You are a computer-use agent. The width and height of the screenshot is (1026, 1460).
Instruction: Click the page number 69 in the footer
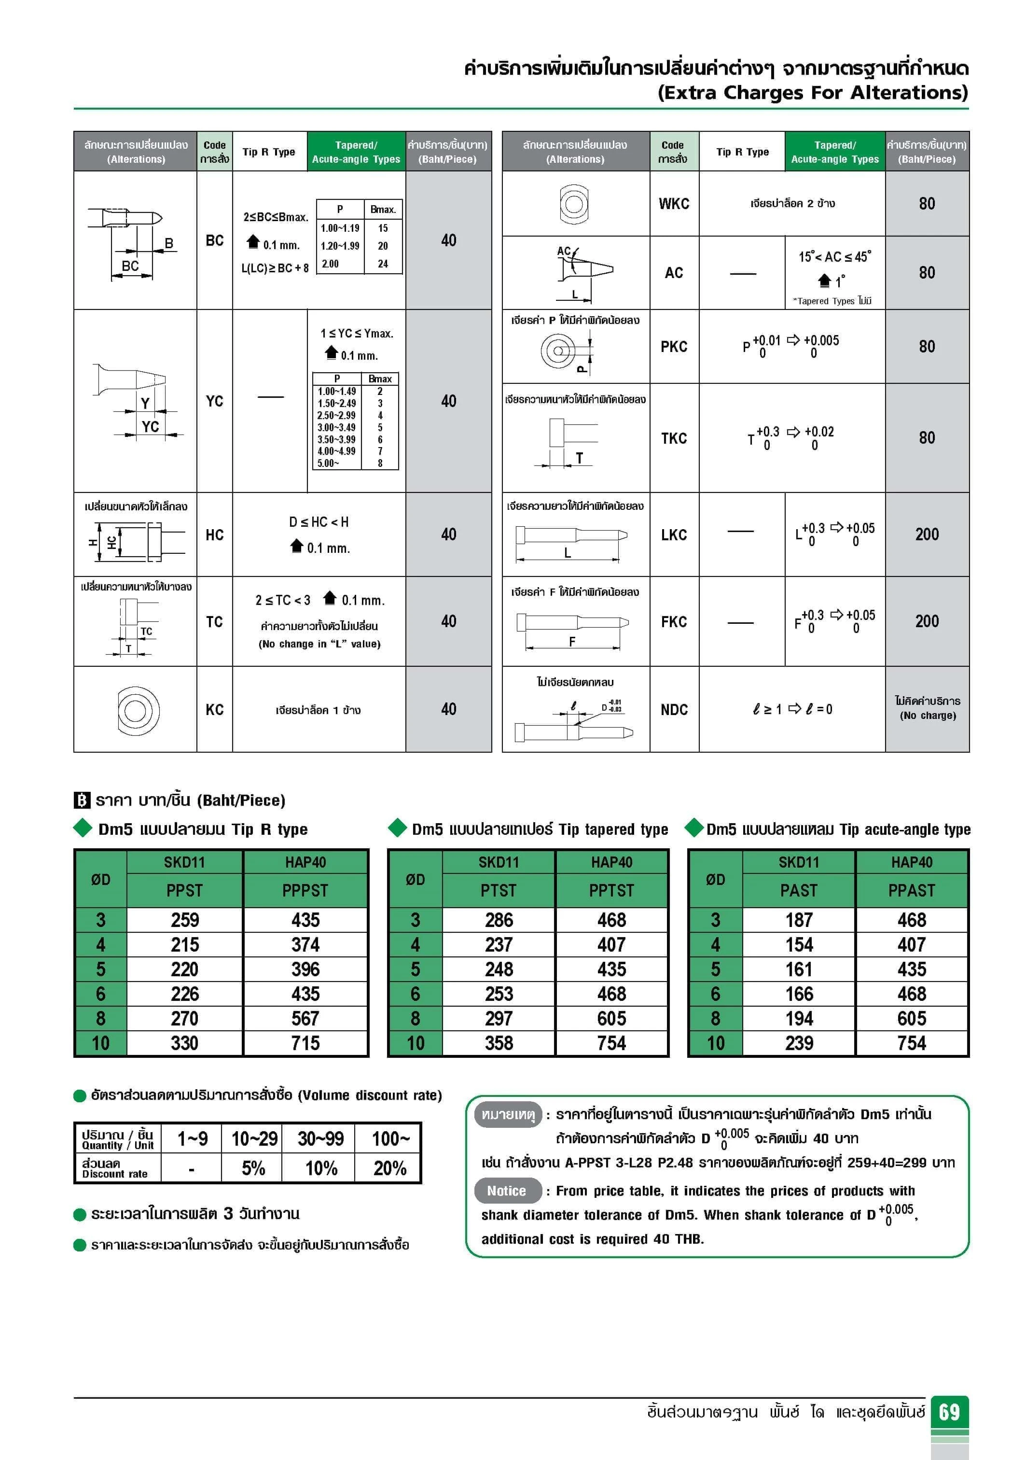coord(949,1412)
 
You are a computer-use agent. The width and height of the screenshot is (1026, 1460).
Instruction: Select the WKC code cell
coord(674,203)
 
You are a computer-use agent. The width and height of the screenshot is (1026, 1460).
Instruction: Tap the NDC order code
coord(674,710)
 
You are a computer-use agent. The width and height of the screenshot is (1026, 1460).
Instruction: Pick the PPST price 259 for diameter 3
coord(184,920)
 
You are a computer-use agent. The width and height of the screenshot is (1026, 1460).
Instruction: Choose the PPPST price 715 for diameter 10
coord(305,1043)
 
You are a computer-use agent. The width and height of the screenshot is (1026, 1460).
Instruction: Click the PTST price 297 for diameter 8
coord(499,1019)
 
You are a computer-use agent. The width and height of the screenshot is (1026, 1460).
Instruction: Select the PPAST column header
coord(912,890)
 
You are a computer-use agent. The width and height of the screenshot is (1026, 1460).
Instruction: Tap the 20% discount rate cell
coord(389,1168)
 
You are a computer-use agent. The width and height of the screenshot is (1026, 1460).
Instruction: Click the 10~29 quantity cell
coord(254,1138)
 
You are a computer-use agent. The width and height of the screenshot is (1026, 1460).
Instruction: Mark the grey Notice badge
coord(507,1191)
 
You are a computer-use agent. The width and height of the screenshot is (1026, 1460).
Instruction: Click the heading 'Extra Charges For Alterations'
coord(812,93)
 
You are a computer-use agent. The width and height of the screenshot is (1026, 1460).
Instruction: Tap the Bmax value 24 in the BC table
coord(383,263)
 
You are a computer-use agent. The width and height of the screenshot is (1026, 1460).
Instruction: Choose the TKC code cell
coord(674,438)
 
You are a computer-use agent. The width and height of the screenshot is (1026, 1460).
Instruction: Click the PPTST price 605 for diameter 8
coord(611,1019)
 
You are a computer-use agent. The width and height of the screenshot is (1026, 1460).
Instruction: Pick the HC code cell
coord(214,535)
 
